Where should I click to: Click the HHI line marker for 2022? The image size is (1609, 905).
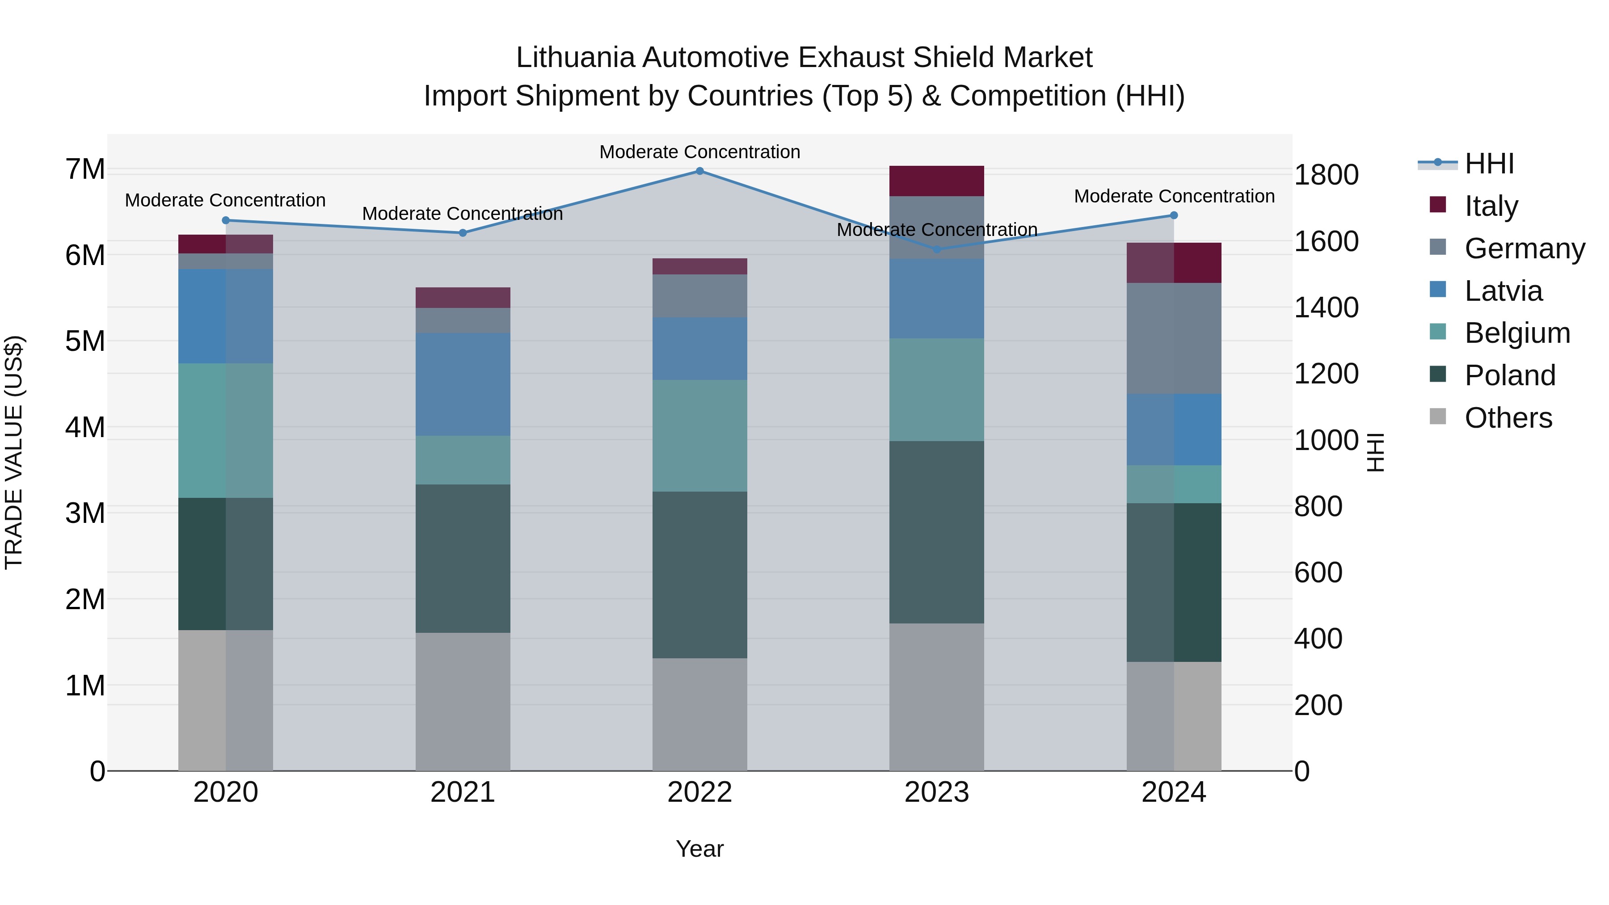(699, 171)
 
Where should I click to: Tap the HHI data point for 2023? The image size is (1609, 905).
(936, 249)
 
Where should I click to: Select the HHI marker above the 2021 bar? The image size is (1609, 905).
(463, 233)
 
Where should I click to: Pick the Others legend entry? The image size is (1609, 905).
(1508, 418)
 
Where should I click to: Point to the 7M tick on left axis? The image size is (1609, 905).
(85, 169)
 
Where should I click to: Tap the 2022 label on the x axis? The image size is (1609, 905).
(699, 792)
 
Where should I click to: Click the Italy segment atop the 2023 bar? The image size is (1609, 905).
(936, 181)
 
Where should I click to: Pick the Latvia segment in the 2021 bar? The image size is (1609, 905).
(463, 384)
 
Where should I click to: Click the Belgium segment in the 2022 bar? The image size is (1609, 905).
(699, 435)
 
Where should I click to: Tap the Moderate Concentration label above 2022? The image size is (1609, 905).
(699, 152)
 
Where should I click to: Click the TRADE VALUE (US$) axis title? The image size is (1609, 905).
(14, 452)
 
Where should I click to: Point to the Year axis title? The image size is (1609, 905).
(699, 849)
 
